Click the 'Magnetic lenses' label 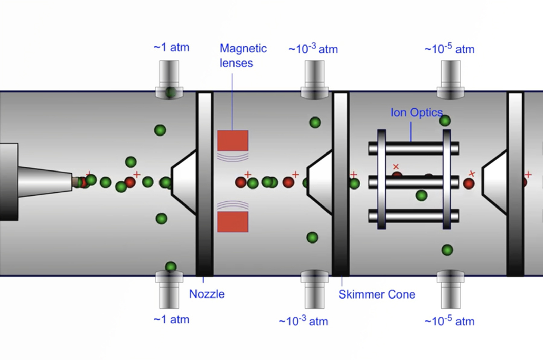tap(243, 55)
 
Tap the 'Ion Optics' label tap(416, 112)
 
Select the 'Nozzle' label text tap(207, 294)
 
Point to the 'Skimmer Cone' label tap(377, 294)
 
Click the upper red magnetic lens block tap(233, 141)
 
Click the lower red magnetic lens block tap(233, 222)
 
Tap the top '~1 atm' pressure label tap(171, 47)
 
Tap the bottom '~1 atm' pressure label tap(171, 320)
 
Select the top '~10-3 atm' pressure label tap(313, 49)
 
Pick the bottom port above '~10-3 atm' tap(315, 289)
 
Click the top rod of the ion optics tap(414, 148)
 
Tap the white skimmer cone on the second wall tap(321, 183)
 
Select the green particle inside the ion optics tap(422, 195)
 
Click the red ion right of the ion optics tap(469, 184)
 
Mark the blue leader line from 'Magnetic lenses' tap(232, 102)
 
